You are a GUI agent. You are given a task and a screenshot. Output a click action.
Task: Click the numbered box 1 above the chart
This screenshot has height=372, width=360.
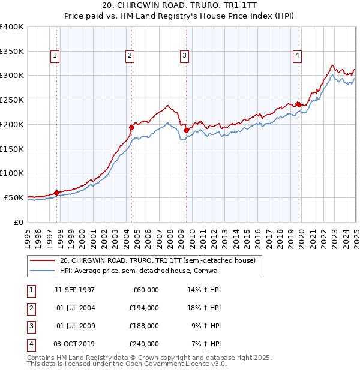pos(55,56)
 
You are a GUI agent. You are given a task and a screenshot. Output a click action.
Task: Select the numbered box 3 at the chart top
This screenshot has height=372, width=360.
pos(184,56)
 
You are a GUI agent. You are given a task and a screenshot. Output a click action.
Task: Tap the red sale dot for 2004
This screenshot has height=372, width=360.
pos(131,127)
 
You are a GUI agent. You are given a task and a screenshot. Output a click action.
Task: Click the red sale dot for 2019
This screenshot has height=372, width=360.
pos(298,104)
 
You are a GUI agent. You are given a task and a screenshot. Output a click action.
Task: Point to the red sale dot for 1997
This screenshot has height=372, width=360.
pos(56,193)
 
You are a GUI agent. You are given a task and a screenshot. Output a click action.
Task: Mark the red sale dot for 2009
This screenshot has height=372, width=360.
pos(186,130)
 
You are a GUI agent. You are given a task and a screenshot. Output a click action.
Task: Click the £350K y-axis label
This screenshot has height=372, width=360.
pos(11,51)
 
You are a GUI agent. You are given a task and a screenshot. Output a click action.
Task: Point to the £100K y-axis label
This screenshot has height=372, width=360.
pos(11,173)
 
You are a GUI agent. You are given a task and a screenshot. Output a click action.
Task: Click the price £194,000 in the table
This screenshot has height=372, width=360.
pos(144,308)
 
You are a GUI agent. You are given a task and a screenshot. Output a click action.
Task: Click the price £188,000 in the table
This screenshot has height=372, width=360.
pos(144,326)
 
